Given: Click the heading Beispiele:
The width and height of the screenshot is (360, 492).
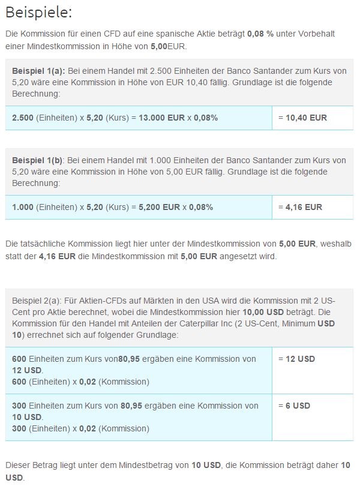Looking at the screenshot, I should point(38,13).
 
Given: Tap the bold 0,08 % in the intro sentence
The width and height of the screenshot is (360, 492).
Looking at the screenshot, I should point(260,34).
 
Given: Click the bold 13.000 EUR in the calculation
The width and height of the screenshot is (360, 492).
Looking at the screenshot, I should point(161,118).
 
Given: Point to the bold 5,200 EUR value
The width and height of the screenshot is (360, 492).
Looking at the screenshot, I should point(159,207).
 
